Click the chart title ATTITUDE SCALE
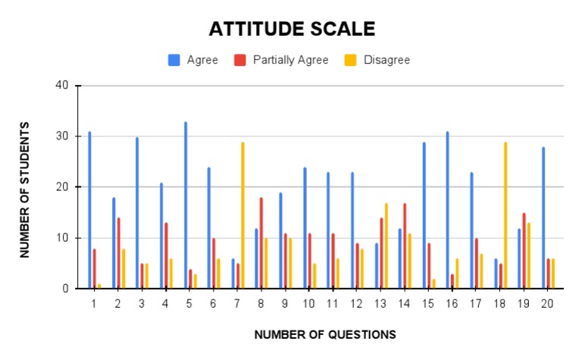pos(292,30)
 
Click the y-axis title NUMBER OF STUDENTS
pos(26,189)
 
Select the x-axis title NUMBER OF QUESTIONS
pos(325,334)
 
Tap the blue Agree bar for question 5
pos(185,205)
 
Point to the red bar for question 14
pos(405,246)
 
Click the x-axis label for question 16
pos(452,303)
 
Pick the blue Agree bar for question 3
pos(137,212)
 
